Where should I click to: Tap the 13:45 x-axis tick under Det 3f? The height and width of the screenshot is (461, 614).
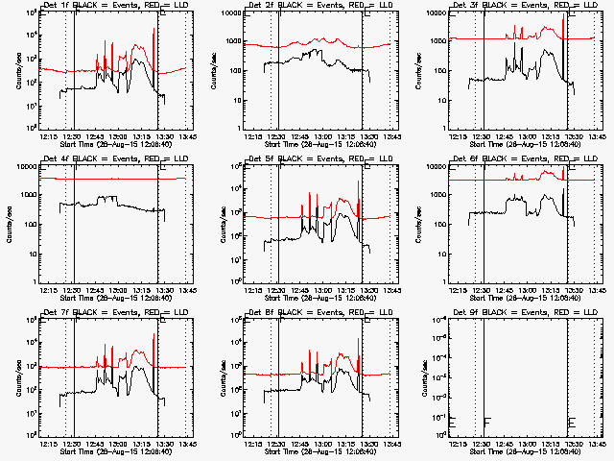(595, 136)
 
